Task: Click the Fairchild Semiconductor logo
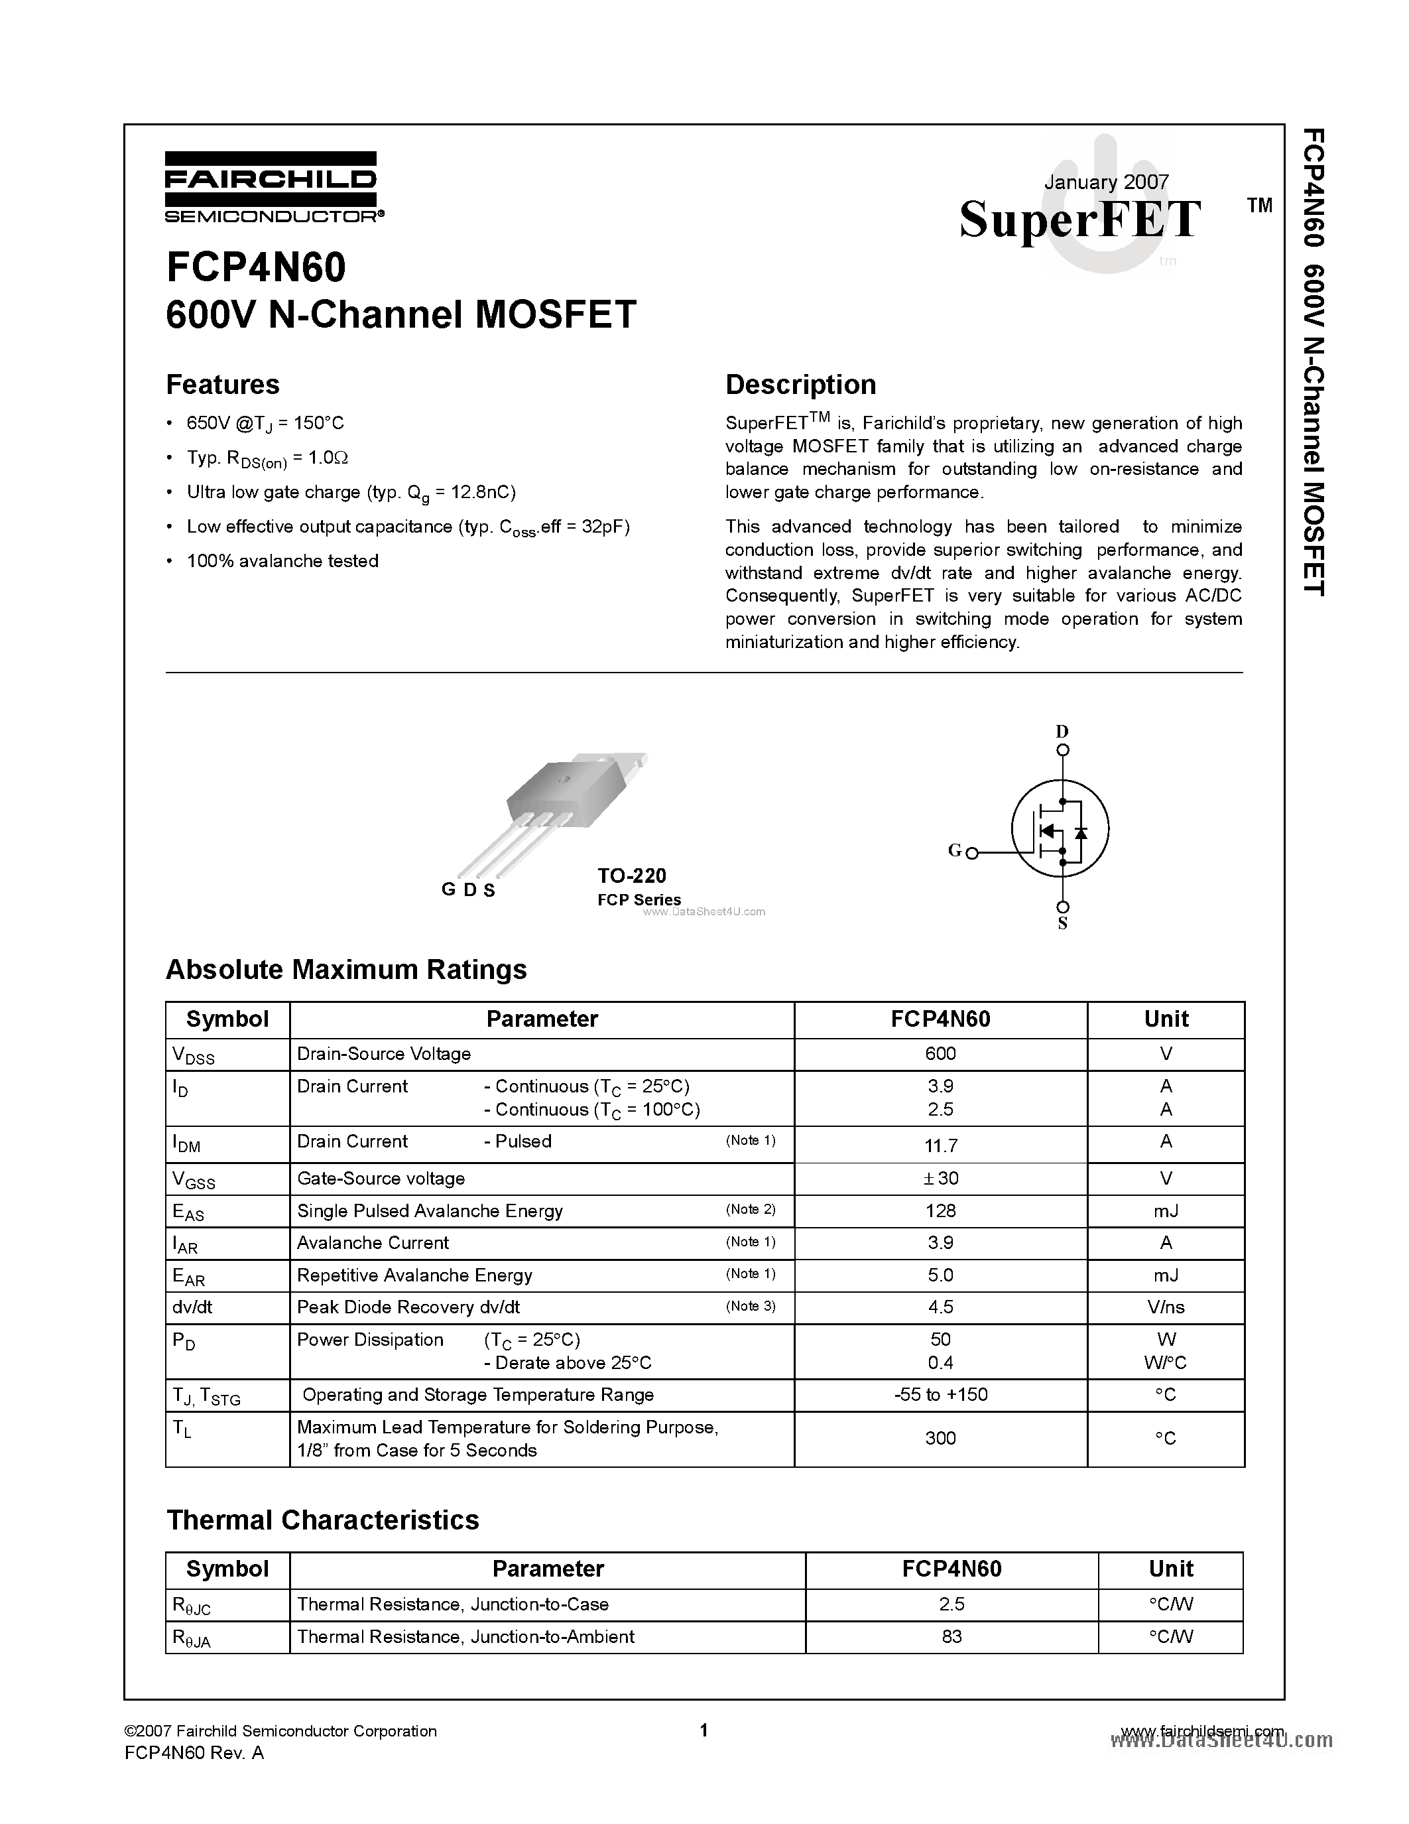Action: [271, 187]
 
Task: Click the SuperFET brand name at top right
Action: [1079, 220]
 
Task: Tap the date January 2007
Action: [1106, 182]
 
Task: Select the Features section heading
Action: [223, 384]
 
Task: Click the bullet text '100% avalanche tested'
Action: [282, 561]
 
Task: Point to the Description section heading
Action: [800, 384]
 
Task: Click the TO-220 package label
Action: [632, 876]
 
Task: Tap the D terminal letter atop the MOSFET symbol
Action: [1062, 731]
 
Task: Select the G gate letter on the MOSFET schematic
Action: [955, 850]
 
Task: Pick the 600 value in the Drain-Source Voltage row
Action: [940, 1054]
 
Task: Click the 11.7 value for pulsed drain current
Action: [940, 1145]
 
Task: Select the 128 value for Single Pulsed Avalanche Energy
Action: [940, 1211]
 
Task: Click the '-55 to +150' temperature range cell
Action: [940, 1395]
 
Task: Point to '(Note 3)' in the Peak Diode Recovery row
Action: [751, 1306]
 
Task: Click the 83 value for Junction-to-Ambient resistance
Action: [951, 1637]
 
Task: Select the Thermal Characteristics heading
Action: [322, 1520]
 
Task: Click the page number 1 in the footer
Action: [704, 1730]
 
